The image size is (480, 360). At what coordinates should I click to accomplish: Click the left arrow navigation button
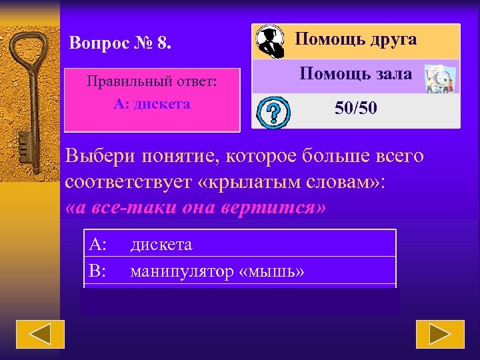[40, 334]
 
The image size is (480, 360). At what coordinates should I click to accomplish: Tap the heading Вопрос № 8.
[121, 44]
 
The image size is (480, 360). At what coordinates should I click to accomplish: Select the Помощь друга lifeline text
[356, 39]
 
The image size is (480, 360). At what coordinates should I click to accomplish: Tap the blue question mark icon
[272, 111]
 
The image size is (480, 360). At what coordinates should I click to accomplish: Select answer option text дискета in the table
[161, 245]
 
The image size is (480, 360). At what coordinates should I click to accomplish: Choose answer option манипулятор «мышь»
[217, 271]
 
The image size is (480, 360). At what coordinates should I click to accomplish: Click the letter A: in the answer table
[98, 245]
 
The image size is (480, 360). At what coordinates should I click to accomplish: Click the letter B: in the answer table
[98, 271]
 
